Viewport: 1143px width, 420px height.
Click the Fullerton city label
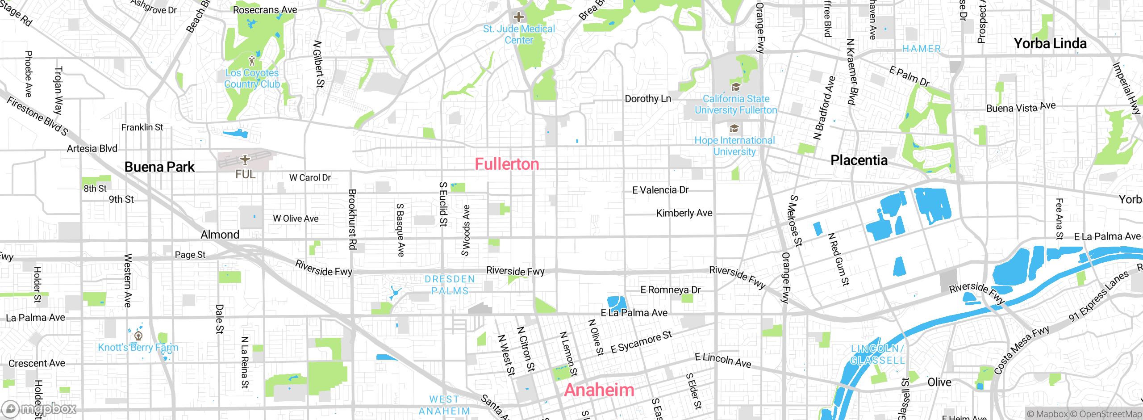[x=507, y=164]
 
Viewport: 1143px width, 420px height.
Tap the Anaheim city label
[x=599, y=390]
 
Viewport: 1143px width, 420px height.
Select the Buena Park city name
[x=159, y=167]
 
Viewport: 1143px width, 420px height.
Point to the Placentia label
[x=859, y=160]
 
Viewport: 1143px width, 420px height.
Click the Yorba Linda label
[x=1050, y=44]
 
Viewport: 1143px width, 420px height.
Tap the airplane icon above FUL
[x=245, y=160]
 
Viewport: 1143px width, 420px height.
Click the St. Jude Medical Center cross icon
[x=518, y=17]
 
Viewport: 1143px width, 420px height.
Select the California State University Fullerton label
[x=735, y=105]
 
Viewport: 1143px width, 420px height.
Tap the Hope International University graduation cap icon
[x=734, y=129]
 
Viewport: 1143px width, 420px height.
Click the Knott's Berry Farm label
[x=138, y=348]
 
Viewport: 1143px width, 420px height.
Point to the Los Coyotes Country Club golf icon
[x=252, y=60]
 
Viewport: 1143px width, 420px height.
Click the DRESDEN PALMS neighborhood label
[x=450, y=285]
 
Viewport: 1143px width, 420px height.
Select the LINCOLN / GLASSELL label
[x=877, y=354]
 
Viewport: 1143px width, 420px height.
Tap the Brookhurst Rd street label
[x=352, y=219]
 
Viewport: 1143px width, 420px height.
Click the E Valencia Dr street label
[x=660, y=190]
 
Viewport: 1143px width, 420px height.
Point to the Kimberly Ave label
[x=684, y=214]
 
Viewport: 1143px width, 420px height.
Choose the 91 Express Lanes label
[x=1098, y=296]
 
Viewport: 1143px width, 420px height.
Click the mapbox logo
[x=39, y=408]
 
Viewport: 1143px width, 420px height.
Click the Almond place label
[x=220, y=235]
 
